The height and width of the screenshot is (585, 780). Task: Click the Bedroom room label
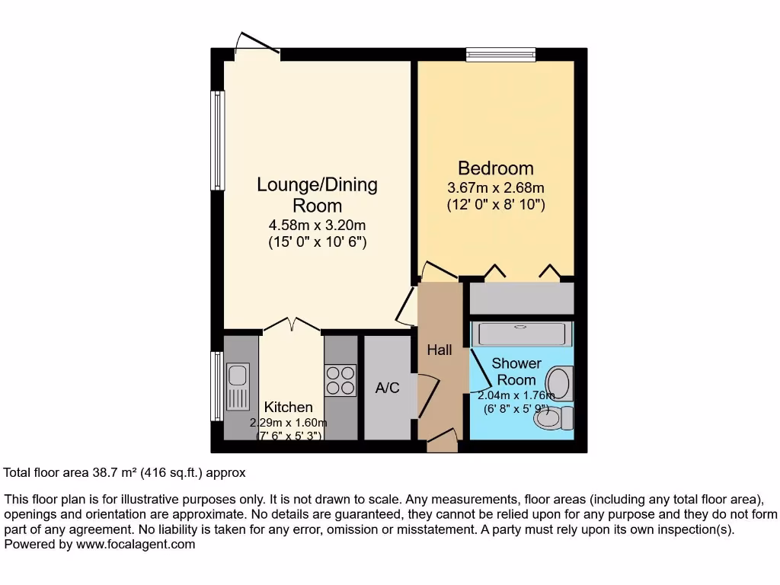click(495, 168)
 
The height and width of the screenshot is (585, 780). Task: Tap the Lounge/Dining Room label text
click(317, 195)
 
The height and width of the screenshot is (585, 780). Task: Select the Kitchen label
click(288, 408)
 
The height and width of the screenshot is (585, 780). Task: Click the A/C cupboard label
click(387, 388)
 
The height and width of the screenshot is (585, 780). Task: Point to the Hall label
click(440, 350)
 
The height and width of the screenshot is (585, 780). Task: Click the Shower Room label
click(516, 372)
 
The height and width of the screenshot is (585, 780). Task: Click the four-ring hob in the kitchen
click(340, 381)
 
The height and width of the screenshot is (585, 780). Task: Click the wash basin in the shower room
click(562, 382)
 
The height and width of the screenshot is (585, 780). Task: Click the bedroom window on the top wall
click(500, 54)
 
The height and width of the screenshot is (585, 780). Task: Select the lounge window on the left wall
click(218, 141)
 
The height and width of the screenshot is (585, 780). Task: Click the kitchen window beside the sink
click(217, 385)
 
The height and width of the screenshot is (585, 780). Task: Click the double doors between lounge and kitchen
click(291, 327)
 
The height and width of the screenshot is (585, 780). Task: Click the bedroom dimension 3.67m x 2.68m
click(495, 188)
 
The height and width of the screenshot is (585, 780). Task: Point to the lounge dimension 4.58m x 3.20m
click(317, 225)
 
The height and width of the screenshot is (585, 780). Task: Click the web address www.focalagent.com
click(133, 545)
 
